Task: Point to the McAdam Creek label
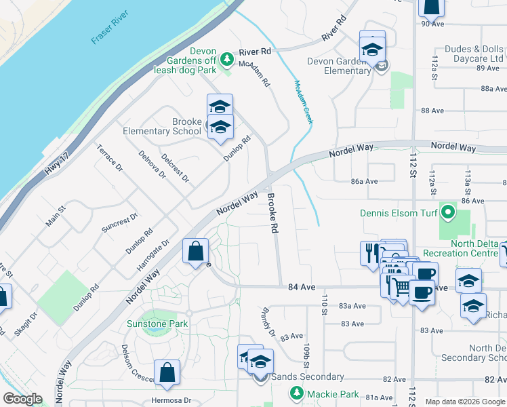pyautogui.click(x=302, y=102)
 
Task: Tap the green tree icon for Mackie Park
pyautogui.click(x=296, y=393)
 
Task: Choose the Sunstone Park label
pyautogui.click(x=157, y=324)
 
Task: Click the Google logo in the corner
pyautogui.click(x=22, y=398)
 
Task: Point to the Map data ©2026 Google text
pyautogui.click(x=465, y=402)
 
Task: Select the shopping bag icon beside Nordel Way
pyautogui.click(x=195, y=251)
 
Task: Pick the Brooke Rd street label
pyautogui.click(x=272, y=213)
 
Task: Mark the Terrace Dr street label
pyautogui.click(x=109, y=158)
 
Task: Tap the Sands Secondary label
pyautogui.click(x=306, y=377)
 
